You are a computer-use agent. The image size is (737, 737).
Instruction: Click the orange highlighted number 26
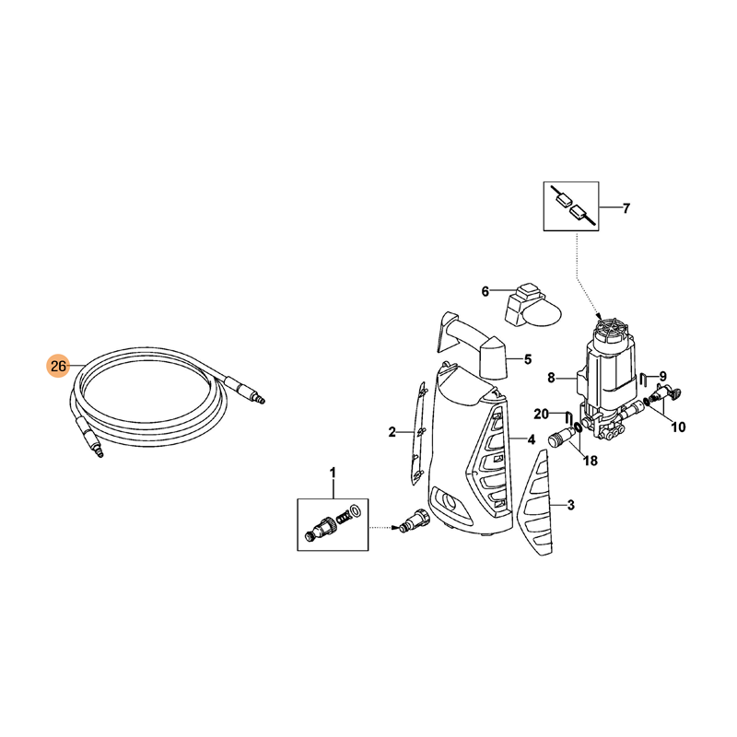[x=58, y=365]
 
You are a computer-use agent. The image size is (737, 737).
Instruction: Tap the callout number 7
[x=626, y=208]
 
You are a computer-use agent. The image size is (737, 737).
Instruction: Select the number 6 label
[x=485, y=291]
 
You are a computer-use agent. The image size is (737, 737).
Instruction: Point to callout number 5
[x=528, y=359]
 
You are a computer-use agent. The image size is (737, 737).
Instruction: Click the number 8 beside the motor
[x=551, y=378]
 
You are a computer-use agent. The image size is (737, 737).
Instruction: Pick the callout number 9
[x=662, y=376]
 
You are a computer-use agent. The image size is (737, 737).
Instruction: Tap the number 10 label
[x=678, y=427]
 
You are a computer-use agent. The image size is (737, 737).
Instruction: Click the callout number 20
[x=541, y=414]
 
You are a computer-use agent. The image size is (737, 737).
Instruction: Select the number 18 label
[x=591, y=461]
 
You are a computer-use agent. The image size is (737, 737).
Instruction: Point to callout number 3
[x=570, y=505]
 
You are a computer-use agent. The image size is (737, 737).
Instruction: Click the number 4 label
[x=532, y=439]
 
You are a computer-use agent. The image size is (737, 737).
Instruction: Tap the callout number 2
[x=392, y=432]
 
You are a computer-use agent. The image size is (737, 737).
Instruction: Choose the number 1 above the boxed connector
[x=333, y=473]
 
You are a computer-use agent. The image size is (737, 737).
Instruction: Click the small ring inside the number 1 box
[x=355, y=510]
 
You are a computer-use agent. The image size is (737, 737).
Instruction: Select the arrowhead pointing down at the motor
[x=598, y=315]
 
